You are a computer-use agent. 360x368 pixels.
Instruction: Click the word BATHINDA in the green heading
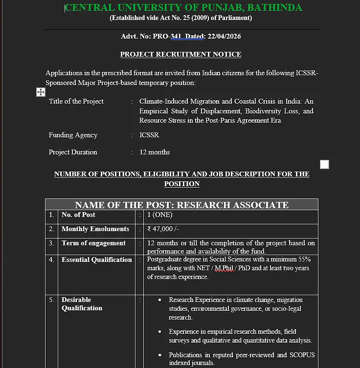point(276,8)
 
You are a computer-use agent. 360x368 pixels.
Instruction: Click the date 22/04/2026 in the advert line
point(224,37)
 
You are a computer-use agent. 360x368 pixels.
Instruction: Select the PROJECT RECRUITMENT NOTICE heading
point(180,55)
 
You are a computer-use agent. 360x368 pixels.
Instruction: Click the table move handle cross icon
point(41,92)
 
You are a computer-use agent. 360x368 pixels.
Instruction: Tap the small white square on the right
point(324,165)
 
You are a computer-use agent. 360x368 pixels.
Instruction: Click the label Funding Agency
point(73,135)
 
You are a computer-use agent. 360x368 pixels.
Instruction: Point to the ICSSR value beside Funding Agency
point(149,135)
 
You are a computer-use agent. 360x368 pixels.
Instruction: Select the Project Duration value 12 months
point(155,152)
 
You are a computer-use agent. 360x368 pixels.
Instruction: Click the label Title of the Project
point(76,101)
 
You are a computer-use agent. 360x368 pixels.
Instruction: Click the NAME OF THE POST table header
point(181,205)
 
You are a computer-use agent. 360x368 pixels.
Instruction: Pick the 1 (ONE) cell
point(160,215)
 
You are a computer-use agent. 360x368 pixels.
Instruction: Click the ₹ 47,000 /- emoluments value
point(163,229)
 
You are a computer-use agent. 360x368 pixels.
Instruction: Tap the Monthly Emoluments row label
point(95,229)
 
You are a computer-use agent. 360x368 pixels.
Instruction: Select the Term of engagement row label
point(93,243)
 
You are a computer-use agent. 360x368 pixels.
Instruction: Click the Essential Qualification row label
point(97,260)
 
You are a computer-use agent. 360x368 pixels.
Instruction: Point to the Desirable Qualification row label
point(82,303)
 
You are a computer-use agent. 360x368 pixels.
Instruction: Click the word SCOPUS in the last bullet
point(303,355)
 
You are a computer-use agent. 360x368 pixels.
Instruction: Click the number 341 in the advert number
point(176,37)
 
